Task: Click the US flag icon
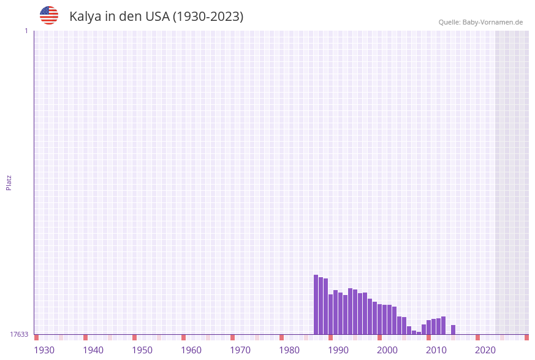(49, 15)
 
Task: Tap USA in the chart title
(157, 17)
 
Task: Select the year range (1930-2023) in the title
(208, 17)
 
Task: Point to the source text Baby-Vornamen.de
(492, 22)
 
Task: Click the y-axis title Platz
(9, 182)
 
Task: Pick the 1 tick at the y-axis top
(26, 31)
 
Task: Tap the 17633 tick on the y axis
(19, 334)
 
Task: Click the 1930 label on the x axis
(44, 350)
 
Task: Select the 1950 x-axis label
(142, 350)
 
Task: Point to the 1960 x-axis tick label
(191, 350)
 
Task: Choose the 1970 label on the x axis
(240, 350)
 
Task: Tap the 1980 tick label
(289, 350)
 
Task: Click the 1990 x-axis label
(338, 350)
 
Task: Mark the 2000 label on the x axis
(387, 350)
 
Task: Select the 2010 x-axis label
(436, 350)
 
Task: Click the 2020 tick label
(485, 350)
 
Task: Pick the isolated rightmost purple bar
(453, 330)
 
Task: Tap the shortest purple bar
(419, 333)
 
